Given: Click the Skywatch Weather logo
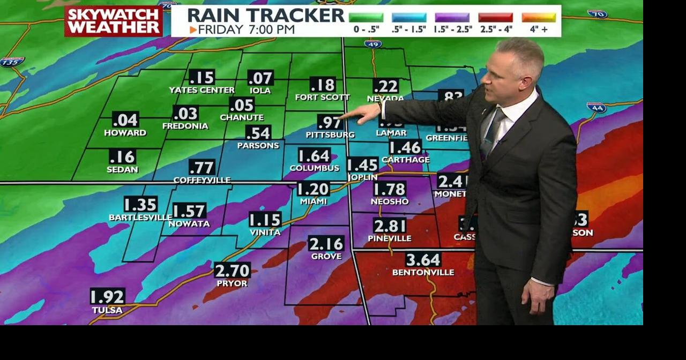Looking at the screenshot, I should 114,21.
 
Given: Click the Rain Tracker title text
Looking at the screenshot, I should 265,15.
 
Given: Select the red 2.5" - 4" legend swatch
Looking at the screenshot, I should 495,18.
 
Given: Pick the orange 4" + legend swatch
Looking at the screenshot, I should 539,18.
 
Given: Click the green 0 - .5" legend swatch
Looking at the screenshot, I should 366,18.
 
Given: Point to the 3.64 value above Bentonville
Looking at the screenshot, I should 423,260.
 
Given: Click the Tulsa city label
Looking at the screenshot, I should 107,310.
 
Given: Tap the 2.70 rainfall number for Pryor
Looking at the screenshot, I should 232,270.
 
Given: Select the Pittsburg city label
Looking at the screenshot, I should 330,134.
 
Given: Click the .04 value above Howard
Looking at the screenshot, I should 125,119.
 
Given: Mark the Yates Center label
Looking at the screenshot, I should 202,90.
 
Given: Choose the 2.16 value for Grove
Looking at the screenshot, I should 326,244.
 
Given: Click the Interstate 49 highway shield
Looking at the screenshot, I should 373,44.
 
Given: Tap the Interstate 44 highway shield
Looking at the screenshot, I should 596,108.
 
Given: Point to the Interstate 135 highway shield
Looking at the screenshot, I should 12,62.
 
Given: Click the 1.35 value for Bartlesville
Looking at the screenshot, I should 140,205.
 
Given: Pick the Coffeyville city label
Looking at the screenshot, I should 202,180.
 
